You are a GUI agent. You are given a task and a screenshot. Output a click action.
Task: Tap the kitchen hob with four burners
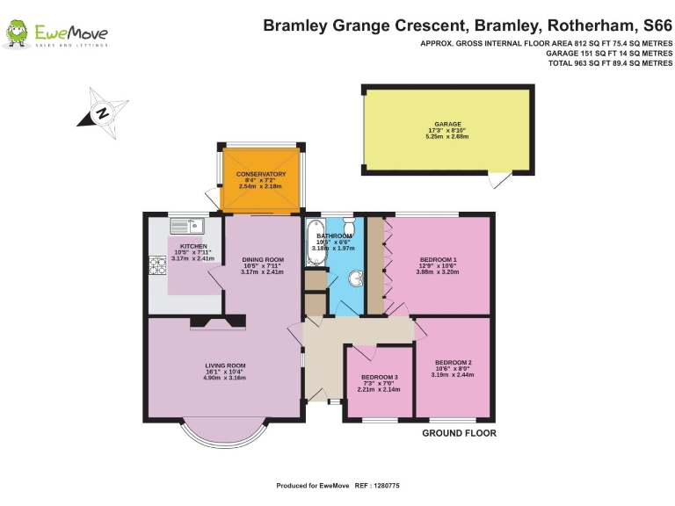pos(159,265)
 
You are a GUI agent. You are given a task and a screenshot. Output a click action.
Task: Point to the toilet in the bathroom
pos(349,230)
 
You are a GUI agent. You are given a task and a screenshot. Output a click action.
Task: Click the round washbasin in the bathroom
pos(355,279)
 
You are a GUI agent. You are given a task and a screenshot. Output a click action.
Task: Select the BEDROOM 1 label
pos(438,260)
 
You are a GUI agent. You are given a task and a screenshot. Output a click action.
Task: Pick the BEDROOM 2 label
pos(453,363)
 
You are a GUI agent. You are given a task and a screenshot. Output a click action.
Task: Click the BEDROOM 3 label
pos(380,378)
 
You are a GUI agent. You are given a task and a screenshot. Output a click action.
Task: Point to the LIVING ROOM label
pos(225,365)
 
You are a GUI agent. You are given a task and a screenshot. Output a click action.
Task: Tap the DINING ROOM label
pos(263,260)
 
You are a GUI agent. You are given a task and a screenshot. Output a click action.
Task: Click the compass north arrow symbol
pos(102,112)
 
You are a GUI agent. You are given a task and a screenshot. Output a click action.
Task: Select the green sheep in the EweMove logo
pos(16,34)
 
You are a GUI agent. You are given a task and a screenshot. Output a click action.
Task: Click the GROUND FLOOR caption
pos(459,434)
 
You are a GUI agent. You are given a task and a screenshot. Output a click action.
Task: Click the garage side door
pos(498,180)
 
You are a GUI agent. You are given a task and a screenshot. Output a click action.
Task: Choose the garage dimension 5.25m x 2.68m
pos(446,138)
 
